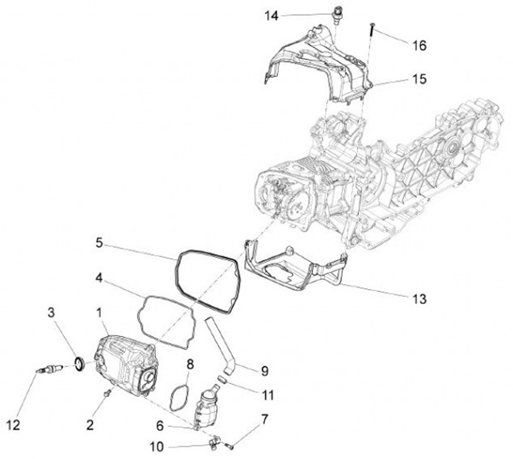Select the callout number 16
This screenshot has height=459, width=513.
(x=420, y=45)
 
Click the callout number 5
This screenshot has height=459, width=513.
(x=102, y=242)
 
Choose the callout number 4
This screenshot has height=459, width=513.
(x=102, y=275)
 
